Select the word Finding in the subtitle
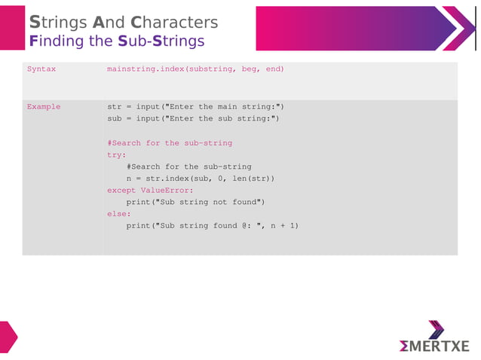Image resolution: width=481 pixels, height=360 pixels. click(57, 41)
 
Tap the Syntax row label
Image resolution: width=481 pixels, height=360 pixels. click(41, 69)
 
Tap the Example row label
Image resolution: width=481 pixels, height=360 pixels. click(44, 107)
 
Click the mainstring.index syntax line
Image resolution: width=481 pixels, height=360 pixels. click(195, 69)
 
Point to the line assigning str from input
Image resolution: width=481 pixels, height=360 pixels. click(195, 107)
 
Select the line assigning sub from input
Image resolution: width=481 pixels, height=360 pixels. click(193, 119)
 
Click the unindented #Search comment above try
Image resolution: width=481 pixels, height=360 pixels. click(170, 143)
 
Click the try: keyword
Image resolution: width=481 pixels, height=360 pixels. click(116, 154)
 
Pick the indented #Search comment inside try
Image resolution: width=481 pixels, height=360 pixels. click(188, 166)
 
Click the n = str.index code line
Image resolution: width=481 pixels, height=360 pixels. click(200, 178)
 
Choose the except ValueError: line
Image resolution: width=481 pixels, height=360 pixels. click(150, 191)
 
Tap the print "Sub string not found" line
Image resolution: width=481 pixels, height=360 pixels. click(195, 202)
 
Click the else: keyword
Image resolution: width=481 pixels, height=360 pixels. click(118, 214)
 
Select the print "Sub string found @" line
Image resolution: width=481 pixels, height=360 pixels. click(212, 226)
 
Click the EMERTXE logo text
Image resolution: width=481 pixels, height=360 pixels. click(434, 346)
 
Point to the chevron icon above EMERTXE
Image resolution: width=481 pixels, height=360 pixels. click(437, 330)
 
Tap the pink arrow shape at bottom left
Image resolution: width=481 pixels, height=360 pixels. click(7, 337)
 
